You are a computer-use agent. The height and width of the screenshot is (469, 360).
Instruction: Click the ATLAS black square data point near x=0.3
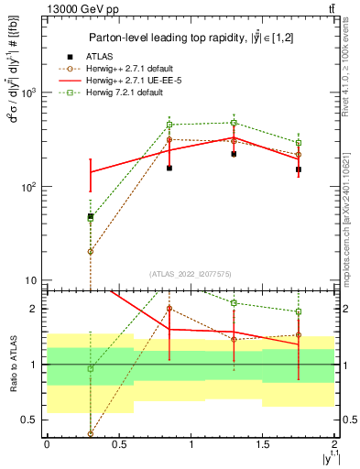(x=91, y=217)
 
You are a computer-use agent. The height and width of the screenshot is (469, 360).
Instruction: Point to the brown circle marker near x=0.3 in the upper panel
(x=91, y=251)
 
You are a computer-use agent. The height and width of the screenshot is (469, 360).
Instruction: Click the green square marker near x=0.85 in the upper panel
(x=169, y=125)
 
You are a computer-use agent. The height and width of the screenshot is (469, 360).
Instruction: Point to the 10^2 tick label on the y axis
(x=27, y=187)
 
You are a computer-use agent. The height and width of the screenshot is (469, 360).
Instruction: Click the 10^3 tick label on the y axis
(x=27, y=93)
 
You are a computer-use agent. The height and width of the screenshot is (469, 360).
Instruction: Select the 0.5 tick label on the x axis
(x=119, y=444)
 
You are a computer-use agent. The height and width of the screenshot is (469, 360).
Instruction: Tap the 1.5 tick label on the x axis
(x=263, y=444)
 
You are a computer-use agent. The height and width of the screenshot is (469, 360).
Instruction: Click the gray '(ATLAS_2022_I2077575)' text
(x=191, y=274)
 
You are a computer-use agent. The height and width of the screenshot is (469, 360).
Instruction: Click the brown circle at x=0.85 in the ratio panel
(x=169, y=309)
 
